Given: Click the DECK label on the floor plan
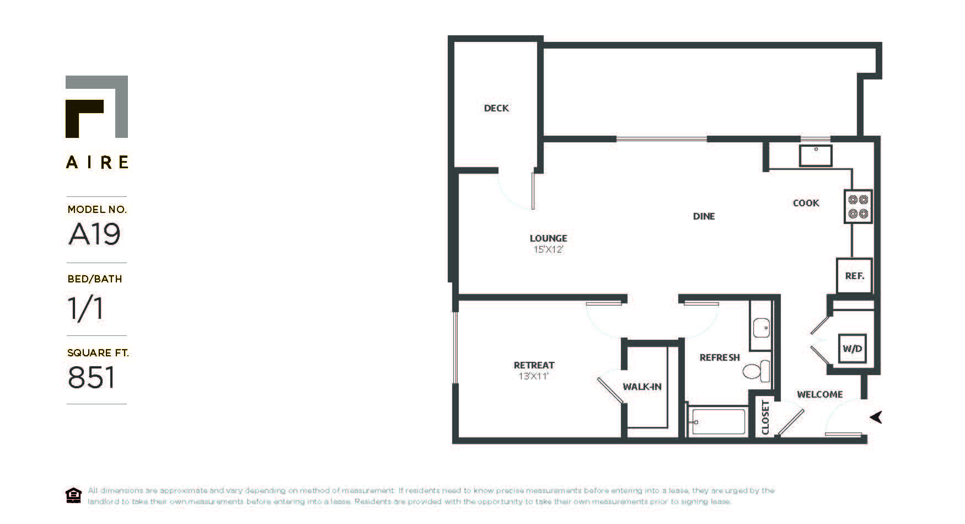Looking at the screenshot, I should coord(496,108).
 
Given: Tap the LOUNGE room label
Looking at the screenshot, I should coord(548,238).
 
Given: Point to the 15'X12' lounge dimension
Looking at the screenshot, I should coord(548,250).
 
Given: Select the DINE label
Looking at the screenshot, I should coord(704,216).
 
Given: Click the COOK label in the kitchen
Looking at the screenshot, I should coord(806,203).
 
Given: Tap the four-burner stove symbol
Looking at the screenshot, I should coord(858,207).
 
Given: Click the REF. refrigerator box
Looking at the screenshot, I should coord(854,276).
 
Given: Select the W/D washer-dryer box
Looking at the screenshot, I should coord(852,349).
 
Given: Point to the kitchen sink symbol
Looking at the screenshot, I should coord(816,156).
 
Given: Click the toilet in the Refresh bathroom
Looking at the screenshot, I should coord(756,371).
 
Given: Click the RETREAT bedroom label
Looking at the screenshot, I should coord(534,365).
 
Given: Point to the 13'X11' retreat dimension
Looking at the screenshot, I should coord(533,377).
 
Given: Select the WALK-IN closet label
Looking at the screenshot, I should coord(642,387).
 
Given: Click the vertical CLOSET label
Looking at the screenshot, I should coord(765,418).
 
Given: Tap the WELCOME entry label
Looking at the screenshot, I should coord(819,394).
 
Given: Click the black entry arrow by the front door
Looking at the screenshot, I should coord(876,417).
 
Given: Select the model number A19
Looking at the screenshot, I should coord(94,234).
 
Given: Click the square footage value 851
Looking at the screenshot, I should coord(92,378).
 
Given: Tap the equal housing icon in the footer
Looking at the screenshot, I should coord(73,495).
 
